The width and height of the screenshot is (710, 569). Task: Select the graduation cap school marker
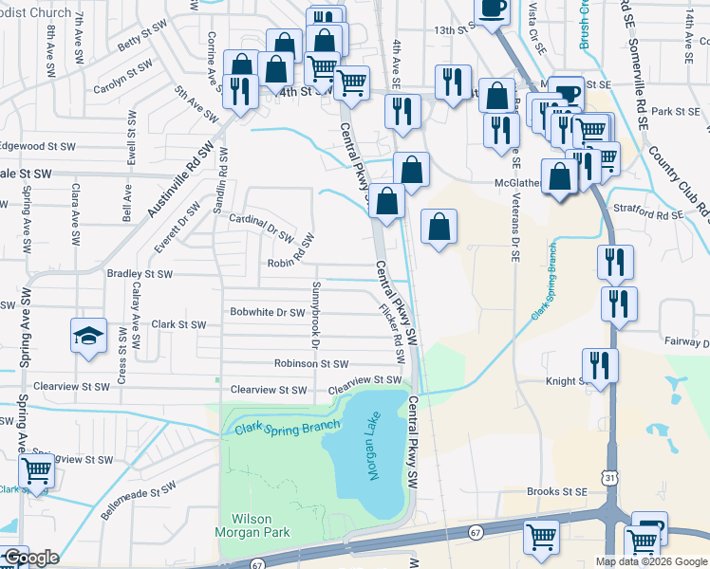tap(89, 337)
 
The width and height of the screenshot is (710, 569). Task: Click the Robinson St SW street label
tap(311, 363)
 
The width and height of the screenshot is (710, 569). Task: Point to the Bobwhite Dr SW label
tap(267, 312)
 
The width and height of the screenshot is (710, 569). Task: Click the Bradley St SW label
tap(140, 274)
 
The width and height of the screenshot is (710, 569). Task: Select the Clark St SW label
tap(178, 324)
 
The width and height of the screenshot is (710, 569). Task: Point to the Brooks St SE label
tap(557, 492)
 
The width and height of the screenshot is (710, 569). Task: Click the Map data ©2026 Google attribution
tap(651, 561)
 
